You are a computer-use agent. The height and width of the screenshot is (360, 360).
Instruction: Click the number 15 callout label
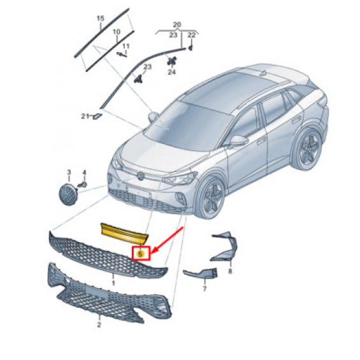pyautogui.click(x=100, y=18)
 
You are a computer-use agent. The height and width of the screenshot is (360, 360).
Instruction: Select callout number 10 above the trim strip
pyautogui.click(x=117, y=32)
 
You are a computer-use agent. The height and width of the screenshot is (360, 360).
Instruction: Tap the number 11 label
pyautogui.click(x=126, y=47)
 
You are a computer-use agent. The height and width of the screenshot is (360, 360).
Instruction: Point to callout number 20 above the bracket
pyautogui.click(x=176, y=24)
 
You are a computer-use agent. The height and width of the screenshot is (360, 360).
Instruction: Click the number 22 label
pyautogui.click(x=192, y=35)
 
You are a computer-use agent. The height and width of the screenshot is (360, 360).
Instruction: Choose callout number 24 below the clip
pyautogui.click(x=171, y=72)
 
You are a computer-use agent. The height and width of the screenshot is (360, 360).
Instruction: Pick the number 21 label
pyautogui.click(x=85, y=117)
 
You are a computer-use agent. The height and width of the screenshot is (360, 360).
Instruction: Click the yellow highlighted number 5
pyautogui.click(x=140, y=254)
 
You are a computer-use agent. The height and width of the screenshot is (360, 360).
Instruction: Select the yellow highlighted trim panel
pyautogui.click(x=124, y=233)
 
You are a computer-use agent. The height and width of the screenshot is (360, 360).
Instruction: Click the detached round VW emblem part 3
pyautogui.click(x=68, y=194)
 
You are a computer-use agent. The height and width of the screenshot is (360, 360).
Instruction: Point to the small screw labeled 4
pyautogui.click(x=82, y=184)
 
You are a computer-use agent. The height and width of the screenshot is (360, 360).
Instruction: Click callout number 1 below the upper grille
pyautogui.click(x=113, y=283)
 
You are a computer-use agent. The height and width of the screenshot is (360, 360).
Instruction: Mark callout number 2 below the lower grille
pyautogui.click(x=99, y=325)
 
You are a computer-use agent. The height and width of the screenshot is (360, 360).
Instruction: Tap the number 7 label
pyautogui.click(x=205, y=289)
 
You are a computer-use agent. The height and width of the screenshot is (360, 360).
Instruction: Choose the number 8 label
pyautogui.click(x=230, y=271)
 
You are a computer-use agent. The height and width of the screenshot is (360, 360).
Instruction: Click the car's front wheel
pyautogui.click(x=210, y=198)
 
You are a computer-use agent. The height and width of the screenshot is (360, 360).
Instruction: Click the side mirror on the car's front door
pyautogui.click(x=238, y=141)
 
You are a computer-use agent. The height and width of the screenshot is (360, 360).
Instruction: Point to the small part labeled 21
pyautogui.click(x=97, y=116)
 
